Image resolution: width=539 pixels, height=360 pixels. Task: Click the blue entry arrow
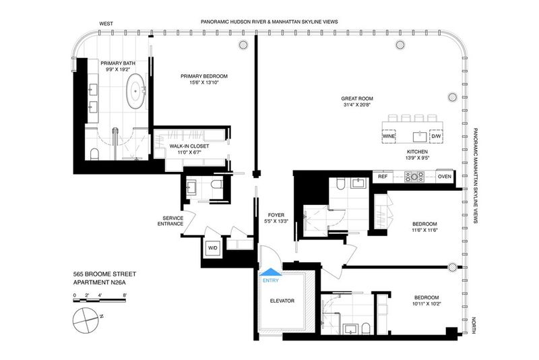(x=271, y=272)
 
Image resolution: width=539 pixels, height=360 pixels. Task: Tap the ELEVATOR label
(x=282, y=301)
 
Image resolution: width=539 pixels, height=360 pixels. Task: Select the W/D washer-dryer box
(x=213, y=248)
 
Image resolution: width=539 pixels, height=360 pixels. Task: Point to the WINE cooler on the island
(x=389, y=136)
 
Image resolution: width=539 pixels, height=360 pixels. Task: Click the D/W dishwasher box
(x=436, y=136)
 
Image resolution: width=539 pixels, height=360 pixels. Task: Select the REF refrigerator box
(x=383, y=177)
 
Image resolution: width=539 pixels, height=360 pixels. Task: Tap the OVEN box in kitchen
(x=445, y=177)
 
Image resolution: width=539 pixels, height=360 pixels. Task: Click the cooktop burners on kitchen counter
(x=414, y=177)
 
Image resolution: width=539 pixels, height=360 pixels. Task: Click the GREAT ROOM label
(x=357, y=98)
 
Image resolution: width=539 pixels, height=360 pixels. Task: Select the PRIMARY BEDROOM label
(x=204, y=76)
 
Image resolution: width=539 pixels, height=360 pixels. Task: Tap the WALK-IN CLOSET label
(x=189, y=146)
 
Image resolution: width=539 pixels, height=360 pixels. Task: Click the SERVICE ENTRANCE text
(x=173, y=220)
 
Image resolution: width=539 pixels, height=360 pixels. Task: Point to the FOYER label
(x=276, y=215)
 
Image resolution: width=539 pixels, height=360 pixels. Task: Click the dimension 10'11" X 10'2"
(x=426, y=304)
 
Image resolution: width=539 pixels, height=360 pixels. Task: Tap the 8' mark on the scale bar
(x=125, y=295)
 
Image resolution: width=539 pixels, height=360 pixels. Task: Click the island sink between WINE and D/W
(x=420, y=137)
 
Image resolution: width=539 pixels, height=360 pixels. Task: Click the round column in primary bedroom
(x=243, y=44)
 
